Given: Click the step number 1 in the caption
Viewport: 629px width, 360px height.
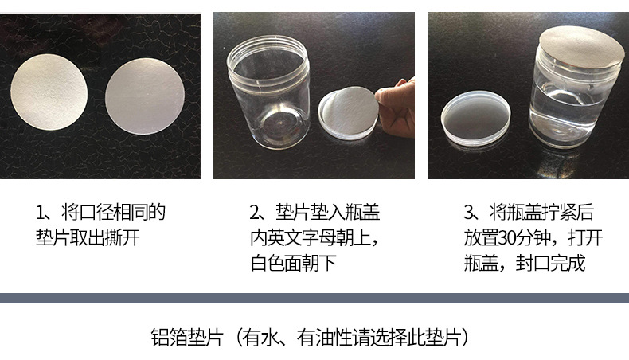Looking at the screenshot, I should [x=41, y=213].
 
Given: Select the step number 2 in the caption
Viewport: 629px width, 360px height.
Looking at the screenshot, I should [x=255, y=213].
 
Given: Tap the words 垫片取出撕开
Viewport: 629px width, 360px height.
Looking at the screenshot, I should [x=88, y=238].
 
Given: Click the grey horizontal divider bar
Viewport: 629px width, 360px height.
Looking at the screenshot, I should [x=314, y=299].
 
